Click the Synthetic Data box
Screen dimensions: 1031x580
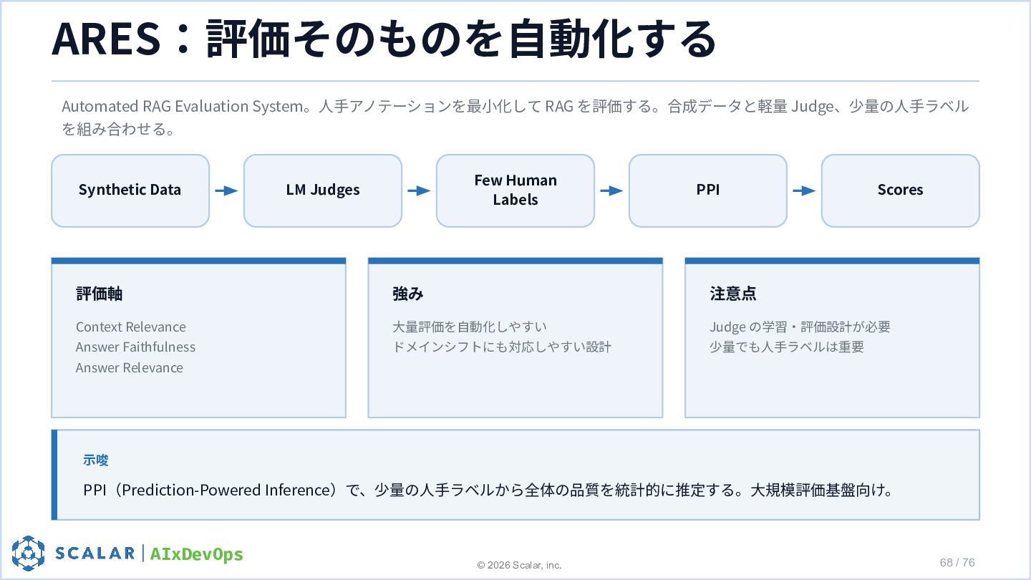click(x=130, y=190)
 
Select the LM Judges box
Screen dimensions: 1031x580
click(x=323, y=190)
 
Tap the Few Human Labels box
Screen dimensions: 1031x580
click(x=515, y=190)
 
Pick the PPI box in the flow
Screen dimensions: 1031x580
click(x=708, y=190)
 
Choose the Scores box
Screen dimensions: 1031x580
click(x=900, y=190)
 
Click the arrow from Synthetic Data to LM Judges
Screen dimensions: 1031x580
click(x=226, y=190)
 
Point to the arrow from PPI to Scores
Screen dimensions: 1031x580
click(x=804, y=190)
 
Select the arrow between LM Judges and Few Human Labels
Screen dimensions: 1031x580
click(x=419, y=190)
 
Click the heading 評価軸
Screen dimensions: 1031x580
click(x=99, y=294)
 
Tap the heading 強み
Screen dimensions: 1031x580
click(x=408, y=294)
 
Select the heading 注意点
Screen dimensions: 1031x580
click(x=732, y=294)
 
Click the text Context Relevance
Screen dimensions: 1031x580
click(x=131, y=327)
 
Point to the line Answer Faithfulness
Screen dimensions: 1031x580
click(x=135, y=347)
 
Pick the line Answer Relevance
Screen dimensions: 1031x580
click(x=130, y=368)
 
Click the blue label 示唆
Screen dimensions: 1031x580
click(x=96, y=460)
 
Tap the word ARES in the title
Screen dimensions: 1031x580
click(x=106, y=39)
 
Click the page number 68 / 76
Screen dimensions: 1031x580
click(x=957, y=563)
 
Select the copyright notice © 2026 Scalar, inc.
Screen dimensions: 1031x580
click(x=519, y=565)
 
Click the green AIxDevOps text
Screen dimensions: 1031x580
click(x=196, y=554)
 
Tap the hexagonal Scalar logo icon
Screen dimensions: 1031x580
click(x=28, y=554)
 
